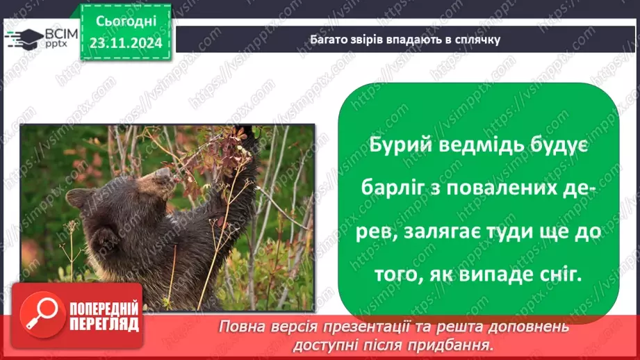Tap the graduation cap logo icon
pos(23,38)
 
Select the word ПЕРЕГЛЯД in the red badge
pos(102,324)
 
